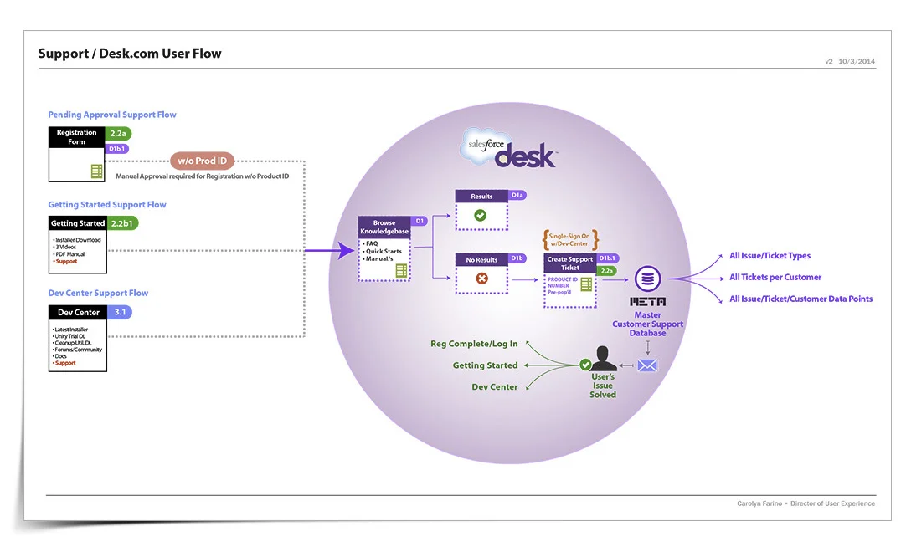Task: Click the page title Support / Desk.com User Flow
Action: pos(130,54)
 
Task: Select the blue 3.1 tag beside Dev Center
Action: pos(119,312)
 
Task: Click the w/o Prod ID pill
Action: pos(202,161)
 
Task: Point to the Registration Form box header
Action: pos(77,137)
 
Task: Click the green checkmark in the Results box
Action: pos(481,215)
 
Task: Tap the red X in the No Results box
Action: pos(481,278)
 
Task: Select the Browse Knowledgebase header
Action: pos(384,227)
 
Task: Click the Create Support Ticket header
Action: pos(569,263)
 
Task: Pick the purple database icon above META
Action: pos(648,279)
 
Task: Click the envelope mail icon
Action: pos(647,365)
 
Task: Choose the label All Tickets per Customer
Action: pos(775,277)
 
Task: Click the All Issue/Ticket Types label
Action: pos(770,256)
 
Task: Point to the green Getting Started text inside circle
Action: pos(485,365)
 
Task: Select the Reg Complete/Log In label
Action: pos(474,344)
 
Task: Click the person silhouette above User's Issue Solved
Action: pos(605,359)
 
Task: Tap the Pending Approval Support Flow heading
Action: pos(112,115)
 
